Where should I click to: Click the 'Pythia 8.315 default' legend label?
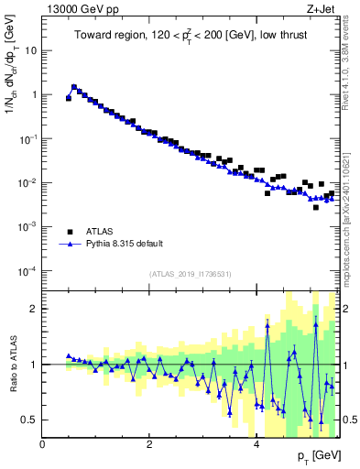pyautogui.click(x=125, y=244)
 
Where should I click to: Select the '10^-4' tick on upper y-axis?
pyautogui.click(x=27, y=270)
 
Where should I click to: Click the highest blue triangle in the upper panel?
pyautogui.click(x=74, y=87)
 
